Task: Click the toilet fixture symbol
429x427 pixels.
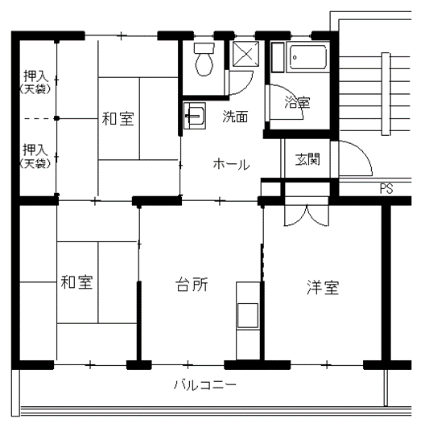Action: [x=204, y=60]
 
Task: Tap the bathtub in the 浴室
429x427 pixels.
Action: [x=308, y=58]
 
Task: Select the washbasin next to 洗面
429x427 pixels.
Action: [x=195, y=116]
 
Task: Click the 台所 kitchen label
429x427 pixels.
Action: [x=192, y=285]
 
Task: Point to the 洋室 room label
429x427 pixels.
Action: [x=323, y=287]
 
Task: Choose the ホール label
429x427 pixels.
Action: [x=232, y=164]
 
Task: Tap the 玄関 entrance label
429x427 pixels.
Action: [x=307, y=159]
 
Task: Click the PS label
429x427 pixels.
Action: [x=386, y=189]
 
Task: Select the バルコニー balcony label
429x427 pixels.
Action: [x=205, y=384]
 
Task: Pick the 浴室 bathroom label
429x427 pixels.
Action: [x=297, y=102]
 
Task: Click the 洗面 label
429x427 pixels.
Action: [x=235, y=117]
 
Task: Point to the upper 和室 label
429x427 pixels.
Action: [x=118, y=119]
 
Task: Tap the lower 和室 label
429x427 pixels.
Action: [x=77, y=282]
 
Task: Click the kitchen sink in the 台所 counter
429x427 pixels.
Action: [x=248, y=315]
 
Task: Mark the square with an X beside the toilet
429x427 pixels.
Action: [x=245, y=54]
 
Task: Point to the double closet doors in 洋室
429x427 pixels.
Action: [x=307, y=216]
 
